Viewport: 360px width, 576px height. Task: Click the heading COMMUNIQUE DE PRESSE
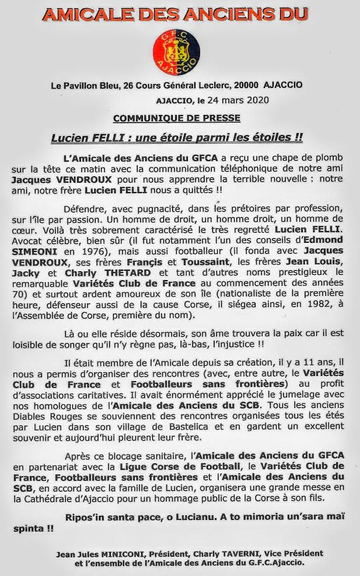[x=177, y=118]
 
